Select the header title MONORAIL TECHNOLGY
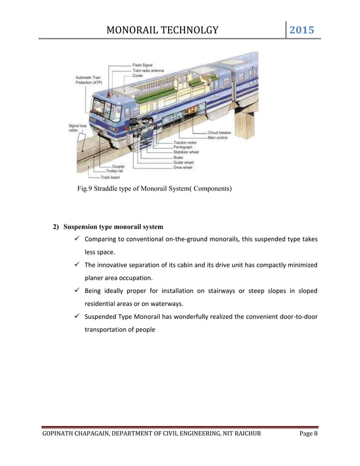point(162,30)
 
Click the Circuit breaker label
point(219,132)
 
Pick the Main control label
point(218,137)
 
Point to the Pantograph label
point(184,147)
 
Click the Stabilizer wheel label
point(187,152)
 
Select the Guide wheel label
point(184,162)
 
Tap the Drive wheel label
point(183,168)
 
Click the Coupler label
point(119,166)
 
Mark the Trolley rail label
point(116,171)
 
